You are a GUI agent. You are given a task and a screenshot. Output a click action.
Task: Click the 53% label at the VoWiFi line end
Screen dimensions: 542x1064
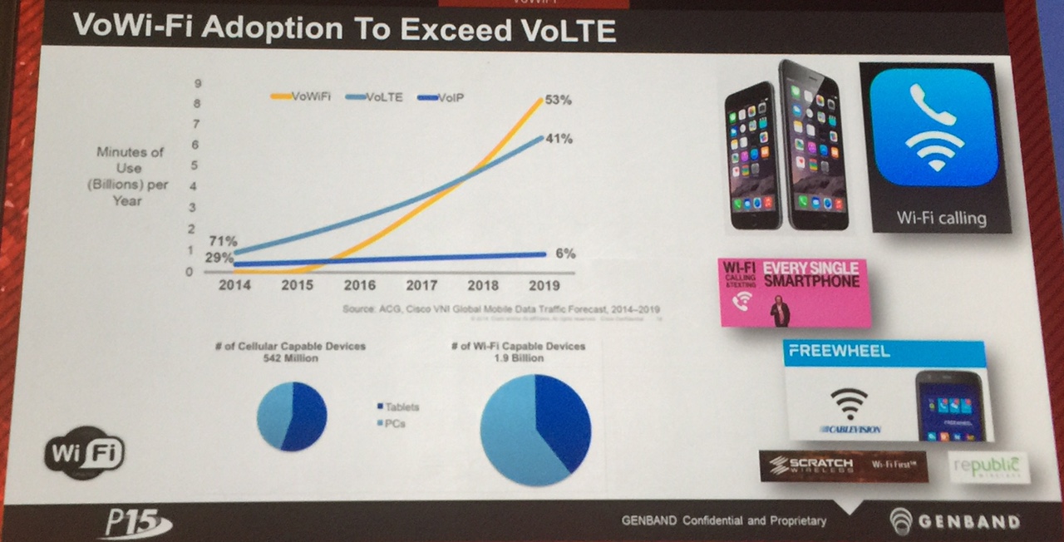559,100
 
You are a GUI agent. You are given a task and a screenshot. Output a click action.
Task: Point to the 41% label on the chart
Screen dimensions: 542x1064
559,139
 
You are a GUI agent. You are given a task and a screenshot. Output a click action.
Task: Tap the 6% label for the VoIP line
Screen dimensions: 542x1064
565,254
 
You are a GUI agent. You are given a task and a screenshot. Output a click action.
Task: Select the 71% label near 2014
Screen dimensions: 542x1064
222,241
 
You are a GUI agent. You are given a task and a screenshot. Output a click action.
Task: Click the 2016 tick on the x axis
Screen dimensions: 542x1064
358,285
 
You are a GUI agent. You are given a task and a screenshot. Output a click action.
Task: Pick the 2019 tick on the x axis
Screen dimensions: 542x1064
544,285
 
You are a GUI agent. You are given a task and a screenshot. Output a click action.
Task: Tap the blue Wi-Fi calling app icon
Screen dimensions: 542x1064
934,133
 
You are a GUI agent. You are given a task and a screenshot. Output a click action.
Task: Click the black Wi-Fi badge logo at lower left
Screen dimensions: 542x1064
83,454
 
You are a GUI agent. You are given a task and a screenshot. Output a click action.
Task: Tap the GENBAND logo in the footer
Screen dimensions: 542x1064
954,522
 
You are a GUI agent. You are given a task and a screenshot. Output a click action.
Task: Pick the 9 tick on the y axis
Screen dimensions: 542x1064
199,82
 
